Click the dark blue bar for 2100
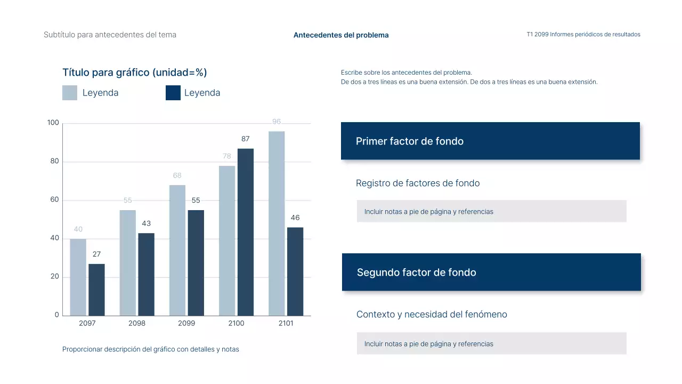pyautogui.click(x=245, y=232)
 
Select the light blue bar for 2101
pyautogui.click(x=277, y=223)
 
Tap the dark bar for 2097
pyautogui.click(x=96, y=290)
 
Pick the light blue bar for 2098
pyautogui.click(x=128, y=263)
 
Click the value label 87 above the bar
pyautogui.click(x=245, y=139)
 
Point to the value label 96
pyautogui.click(x=277, y=122)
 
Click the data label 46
pyautogui.click(x=295, y=218)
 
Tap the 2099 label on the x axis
pyautogui.click(x=186, y=323)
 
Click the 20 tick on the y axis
pyautogui.click(x=54, y=277)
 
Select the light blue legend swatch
pyautogui.click(x=70, y=93)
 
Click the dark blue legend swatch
pyautogui.click(x=173, y=93)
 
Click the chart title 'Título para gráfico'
pyautogui.click(x=134, y=73)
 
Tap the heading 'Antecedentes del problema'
pyautogui.click(x=341, y=35)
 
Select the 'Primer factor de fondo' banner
pyautogui.click(x=490, y=141)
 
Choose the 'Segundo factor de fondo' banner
pyautogui.click(x=491, y=272)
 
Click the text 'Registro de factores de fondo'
pyautogui.click(x=418, y=183)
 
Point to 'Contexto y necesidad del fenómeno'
pyautogui.click(x=432, y=315)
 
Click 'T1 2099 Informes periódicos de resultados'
pyautogui.click(x=583, y=35)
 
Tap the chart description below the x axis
pyautogui.click(x=151, y=349)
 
